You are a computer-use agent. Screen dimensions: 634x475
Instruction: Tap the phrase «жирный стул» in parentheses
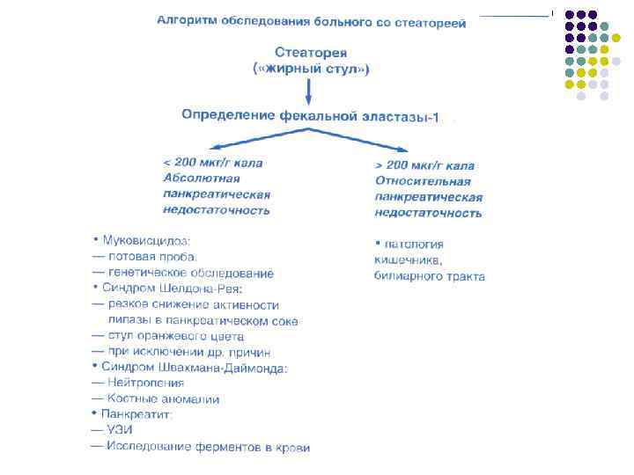click(310, 69)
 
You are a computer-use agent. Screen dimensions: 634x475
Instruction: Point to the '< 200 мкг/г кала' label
click(212, 163)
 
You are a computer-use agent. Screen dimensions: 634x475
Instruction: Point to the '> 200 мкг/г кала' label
click(424, 165)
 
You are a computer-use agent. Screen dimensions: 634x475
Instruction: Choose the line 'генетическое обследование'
click(190, 273)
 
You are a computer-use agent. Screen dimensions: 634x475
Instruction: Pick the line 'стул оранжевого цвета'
click(175, 336)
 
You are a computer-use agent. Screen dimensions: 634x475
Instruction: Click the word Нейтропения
click(145, 383)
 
